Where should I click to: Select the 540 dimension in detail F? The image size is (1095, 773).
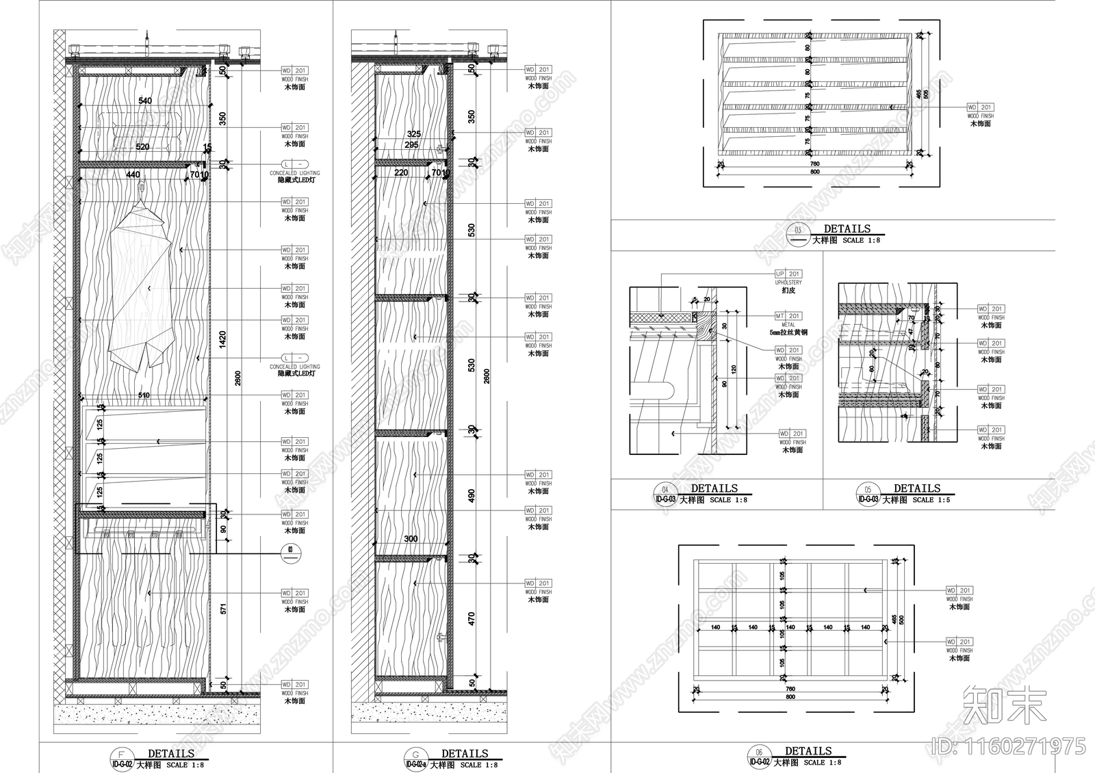click(145, 101)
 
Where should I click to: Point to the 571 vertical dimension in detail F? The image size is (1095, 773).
click(222, 609)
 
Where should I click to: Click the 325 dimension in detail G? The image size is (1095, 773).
click(413, 134)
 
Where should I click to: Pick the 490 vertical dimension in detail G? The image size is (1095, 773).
click(471, 495)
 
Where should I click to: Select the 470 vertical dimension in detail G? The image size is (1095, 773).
click(471, 618)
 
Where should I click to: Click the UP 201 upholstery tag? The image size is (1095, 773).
click(788, 274)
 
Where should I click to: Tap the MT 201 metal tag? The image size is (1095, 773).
click(788, 316)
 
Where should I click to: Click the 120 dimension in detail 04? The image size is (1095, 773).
click(734, 369)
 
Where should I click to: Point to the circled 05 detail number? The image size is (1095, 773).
click(868, 490)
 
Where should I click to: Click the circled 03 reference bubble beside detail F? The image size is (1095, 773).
click(289, 549)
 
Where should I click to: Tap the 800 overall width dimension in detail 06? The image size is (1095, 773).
click(790, 696)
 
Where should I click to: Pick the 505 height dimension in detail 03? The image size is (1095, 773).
click(927, 94)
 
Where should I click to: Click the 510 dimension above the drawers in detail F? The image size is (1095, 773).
click(144, 395)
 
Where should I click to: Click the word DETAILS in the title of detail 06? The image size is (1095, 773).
click(808, 751)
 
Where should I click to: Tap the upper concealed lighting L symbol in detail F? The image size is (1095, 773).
click(294, 165)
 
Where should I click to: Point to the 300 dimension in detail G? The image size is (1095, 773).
click(410, 539)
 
